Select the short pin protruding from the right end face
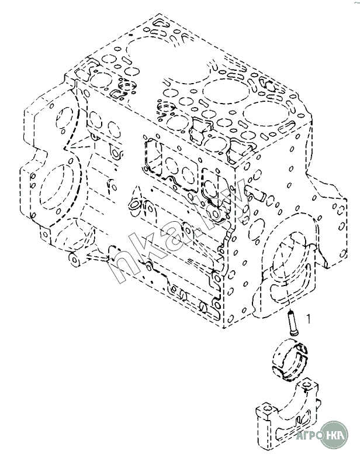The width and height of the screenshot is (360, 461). [255, 191]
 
